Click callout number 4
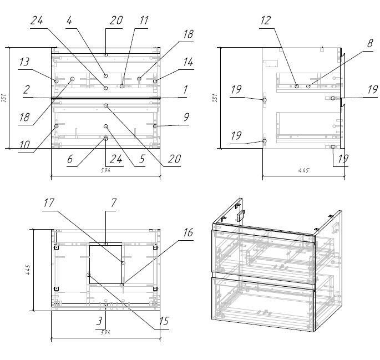click(69, 21)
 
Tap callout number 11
click(144, 21)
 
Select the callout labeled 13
click(24, 62)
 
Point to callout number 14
click(188, 62)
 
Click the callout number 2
click(26, 89)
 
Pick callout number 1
click(185, 89)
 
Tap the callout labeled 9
click(186, 116)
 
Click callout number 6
click(70, 159)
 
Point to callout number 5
click(142, 159)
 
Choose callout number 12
click(265, 21)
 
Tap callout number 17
click(49, 203)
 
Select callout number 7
click(113, 203)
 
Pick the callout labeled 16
click(188, 232)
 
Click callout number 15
click(164, 321)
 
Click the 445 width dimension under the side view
click(303, 170)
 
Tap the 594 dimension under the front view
click(106, 170)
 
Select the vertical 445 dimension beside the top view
click(27, 270)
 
